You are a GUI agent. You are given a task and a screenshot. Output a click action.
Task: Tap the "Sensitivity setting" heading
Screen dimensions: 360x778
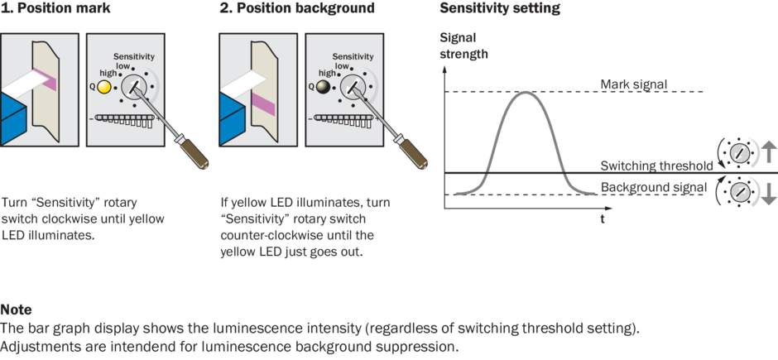(499, 9)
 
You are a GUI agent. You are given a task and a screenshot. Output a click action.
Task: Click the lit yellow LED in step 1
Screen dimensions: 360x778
(103, 86)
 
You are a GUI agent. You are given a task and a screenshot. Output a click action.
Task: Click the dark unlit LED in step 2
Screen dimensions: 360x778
(322, 86)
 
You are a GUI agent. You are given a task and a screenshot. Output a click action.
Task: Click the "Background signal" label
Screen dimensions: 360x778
(648, 187)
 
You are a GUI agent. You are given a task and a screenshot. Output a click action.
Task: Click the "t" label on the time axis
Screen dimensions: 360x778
(602, 220)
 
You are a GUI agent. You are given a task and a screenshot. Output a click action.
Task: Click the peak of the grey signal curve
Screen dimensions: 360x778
(525, 91)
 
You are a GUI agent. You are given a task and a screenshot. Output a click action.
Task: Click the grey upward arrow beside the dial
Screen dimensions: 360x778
(768, 151)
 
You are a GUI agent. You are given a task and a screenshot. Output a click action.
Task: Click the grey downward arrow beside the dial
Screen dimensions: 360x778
(768, 194)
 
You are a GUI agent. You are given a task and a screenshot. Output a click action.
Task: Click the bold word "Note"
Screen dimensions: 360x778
(17, 310)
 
